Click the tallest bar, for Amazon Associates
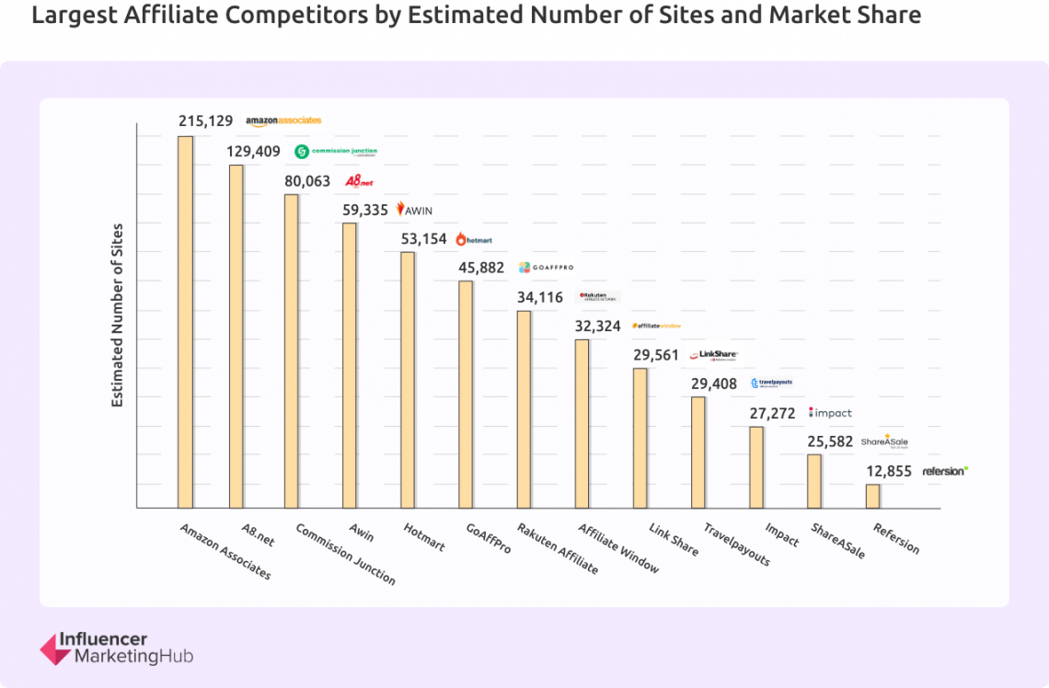185,322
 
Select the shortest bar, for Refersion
872,496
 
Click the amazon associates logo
283,120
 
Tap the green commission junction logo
336,152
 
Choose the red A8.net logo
359,181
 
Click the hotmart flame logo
475,239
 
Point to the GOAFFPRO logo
546,268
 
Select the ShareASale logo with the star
884,441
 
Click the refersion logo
945,471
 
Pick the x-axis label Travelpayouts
736,545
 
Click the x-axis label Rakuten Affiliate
557,548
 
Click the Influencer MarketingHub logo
116,648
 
